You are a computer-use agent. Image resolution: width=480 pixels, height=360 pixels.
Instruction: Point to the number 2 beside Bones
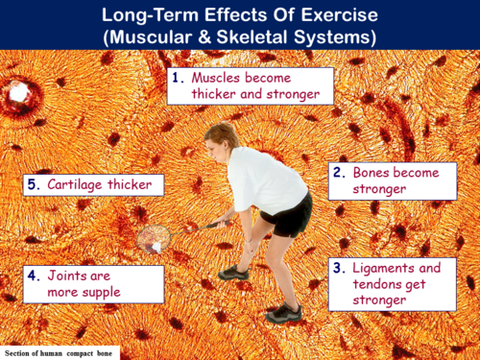(x=339, y=173)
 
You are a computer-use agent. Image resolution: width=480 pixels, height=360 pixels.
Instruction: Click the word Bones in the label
(x=378, y=173)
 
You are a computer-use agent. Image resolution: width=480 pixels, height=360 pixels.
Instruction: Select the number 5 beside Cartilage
(x=32, y=184)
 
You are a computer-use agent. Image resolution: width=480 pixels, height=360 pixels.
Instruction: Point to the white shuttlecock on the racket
(x=156, y=246)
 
